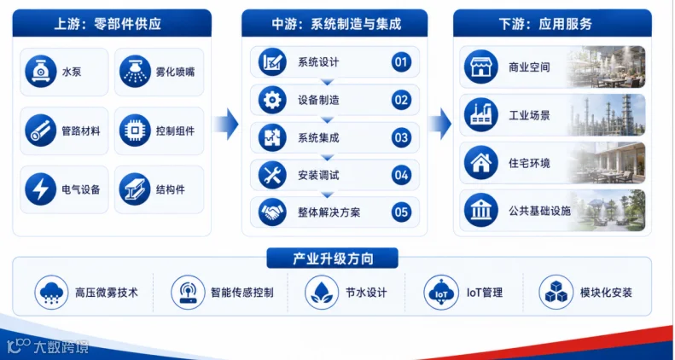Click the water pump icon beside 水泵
tap(41, 72)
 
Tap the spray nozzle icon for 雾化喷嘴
tap(135, 72)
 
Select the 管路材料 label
tap(81, 131)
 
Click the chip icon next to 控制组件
tap(135, 131)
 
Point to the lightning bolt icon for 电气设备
tap(41, 189)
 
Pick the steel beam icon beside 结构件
tap(135, 189)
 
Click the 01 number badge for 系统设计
tap(401, 62)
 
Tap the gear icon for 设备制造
tap(272, 100)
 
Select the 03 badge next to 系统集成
tap(401, 137)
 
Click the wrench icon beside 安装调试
tap(272, 175)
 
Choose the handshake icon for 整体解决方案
tap(272, 212)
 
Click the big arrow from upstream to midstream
tap(226, 124)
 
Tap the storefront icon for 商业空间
tap(480, 67)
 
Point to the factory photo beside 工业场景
tap(607, 115)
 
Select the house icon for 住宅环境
tap(480, 163)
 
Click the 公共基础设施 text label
tap(539, 211)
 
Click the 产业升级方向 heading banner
tap(332, 258)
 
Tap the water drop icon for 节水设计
tap(322, 293)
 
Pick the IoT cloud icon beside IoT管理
tap(441, 293)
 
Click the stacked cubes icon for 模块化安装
tap(556, 293)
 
